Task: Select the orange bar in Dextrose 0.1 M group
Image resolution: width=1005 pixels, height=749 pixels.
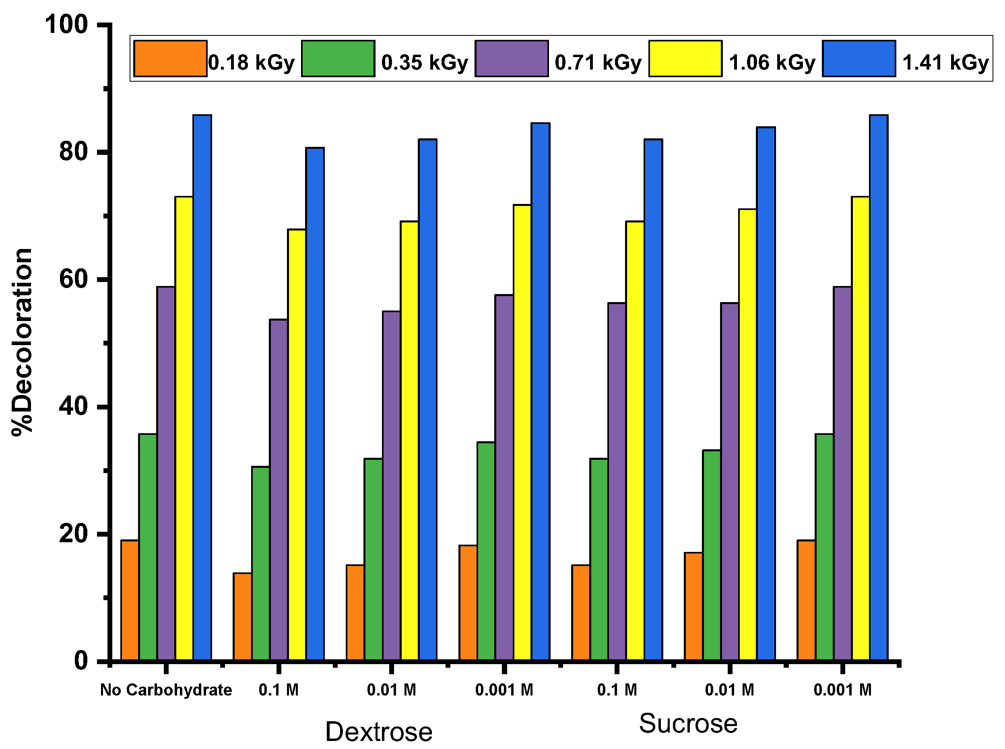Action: (x=242, y=617)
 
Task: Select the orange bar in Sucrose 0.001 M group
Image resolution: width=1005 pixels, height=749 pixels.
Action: (x=806, y=600)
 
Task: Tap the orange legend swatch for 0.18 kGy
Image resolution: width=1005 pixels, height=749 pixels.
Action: (x=170, y=58)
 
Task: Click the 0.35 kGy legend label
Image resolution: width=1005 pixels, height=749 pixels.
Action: (x=424, y=63)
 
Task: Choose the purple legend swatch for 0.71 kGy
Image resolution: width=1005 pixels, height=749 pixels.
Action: (x=511, y=58)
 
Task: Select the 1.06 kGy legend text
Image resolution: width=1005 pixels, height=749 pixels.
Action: (x=772, y=63)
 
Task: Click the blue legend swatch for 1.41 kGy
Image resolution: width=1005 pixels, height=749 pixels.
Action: (x=858, y=58)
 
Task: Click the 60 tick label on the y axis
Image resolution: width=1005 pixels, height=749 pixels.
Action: (x=73, y=279)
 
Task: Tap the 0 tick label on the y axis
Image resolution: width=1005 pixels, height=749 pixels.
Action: (x=81, y=661)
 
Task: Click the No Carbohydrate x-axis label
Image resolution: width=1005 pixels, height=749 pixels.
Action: (x=165, y=690)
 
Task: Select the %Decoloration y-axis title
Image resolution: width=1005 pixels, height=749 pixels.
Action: (x=22, y=342)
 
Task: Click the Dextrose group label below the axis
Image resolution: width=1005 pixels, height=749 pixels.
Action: (x=379, y=731)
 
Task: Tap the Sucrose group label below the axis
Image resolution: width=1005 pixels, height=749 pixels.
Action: (x=687, y=723)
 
